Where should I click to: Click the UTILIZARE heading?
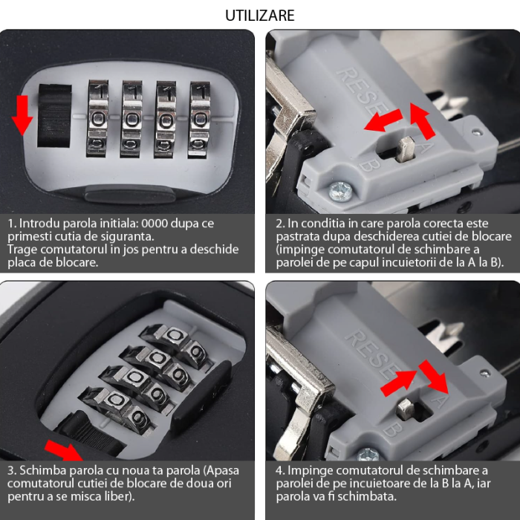[260, 16]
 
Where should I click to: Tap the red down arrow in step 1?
[22, 115]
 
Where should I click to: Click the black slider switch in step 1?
[54, 116]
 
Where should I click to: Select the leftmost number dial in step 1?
[98, 118]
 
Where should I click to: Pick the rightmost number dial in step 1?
[199, 120]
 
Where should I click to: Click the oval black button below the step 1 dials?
[130, 195]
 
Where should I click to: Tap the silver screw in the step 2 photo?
[340, 192]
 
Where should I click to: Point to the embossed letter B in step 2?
[366, 163]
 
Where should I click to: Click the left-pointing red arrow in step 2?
[383, 120]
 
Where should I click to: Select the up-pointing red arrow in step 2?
[423, 120]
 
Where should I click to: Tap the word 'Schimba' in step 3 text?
[40, 470]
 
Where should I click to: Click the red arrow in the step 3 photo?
[64, 451]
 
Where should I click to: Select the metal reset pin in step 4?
[406, 409]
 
